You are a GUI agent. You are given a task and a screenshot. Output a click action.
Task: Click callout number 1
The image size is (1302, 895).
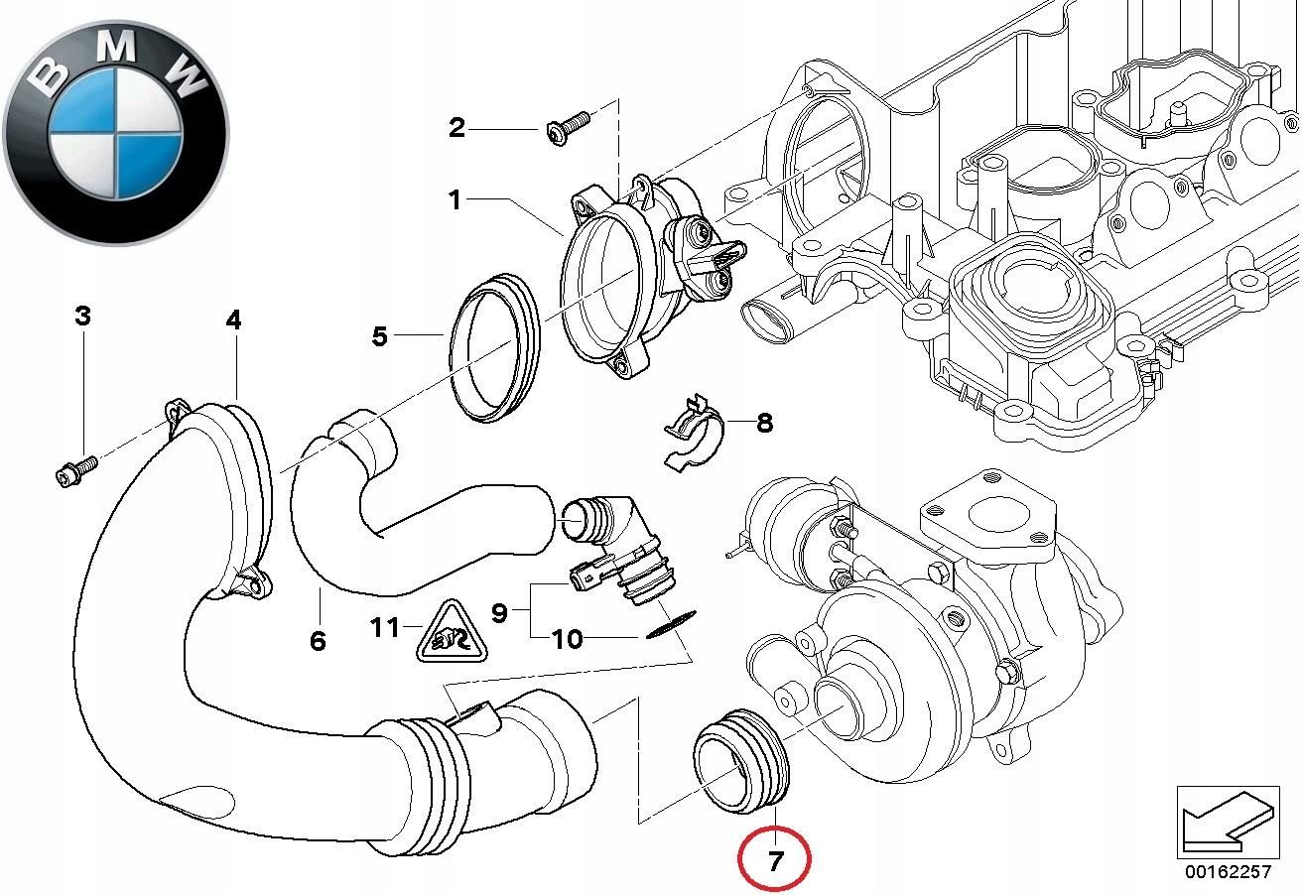455,200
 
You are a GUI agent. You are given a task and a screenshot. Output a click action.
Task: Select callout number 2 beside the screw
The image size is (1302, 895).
456,127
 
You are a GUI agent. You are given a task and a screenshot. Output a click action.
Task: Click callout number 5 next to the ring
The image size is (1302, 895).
380,336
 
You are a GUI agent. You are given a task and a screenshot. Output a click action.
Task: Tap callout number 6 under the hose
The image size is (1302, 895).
318,641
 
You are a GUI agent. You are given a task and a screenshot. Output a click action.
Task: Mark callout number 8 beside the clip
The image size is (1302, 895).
764,423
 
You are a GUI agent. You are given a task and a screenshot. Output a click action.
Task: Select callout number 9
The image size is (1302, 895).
499,612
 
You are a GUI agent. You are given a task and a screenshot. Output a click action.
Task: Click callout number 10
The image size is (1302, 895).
568,638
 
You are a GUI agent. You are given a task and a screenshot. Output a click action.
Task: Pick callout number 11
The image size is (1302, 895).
384,627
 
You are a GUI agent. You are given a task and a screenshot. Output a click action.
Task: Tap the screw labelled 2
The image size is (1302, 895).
566,128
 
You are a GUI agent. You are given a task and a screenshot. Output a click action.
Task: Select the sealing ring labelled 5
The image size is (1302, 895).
494,351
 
